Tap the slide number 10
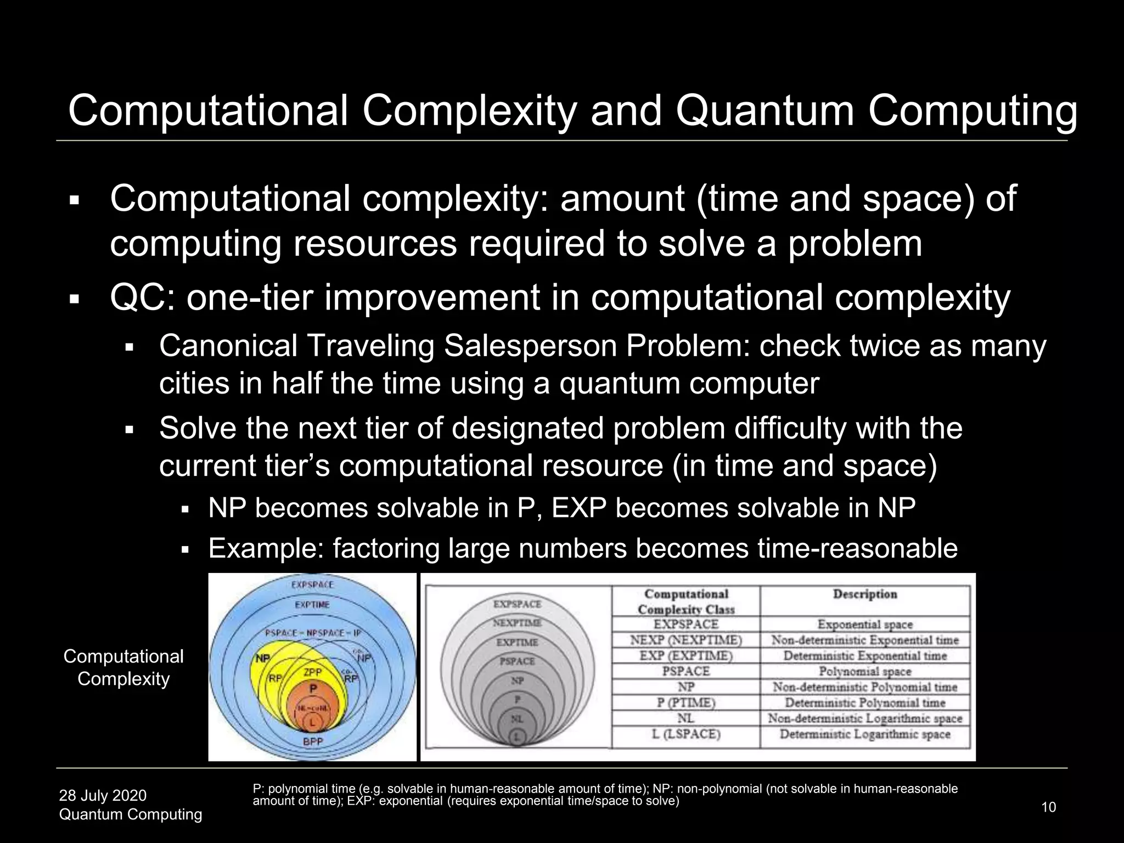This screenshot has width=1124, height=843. point(1048,807)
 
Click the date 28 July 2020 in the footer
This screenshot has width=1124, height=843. point(103,795)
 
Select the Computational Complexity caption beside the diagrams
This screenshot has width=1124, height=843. point(123,667)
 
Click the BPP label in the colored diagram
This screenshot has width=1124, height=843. point(313,741)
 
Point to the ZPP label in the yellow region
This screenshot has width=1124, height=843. point(313,672)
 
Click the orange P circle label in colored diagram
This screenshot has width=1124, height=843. point(313,688)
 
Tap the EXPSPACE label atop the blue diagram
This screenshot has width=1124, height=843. point(312,585)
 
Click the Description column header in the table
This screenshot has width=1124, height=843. point(864,594)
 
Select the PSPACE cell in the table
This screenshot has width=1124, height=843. point(686,671)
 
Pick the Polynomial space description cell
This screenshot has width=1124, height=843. point(864,671)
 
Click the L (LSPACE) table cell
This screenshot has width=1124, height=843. point(686,734)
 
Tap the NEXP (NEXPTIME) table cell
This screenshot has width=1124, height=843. point(686,640)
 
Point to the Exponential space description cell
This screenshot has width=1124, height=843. point(864,625)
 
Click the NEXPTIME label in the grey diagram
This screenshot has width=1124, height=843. point(516,623)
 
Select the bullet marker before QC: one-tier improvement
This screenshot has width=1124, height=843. point(75,300)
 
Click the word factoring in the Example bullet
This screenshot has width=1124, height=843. point(386,548)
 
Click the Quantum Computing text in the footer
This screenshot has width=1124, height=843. point(131,814)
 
